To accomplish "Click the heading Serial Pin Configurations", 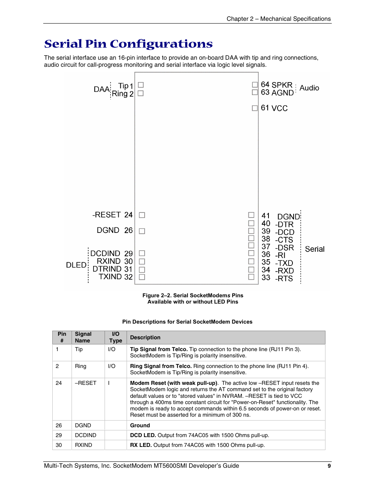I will coord(128,44).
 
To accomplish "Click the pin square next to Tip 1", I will coord(141,85).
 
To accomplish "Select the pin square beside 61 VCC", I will coord(255,108).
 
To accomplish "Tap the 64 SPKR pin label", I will coord(276,85).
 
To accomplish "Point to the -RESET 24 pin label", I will coord(112,215).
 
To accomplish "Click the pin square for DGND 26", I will coord(142,231).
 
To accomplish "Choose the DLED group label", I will coord(76,265).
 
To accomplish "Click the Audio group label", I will coord(309,88).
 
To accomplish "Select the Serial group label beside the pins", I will coord(314,249).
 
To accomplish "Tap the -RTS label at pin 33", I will coord(284,278).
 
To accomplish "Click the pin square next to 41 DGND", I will coord(251,215).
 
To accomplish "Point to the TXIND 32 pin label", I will coord(116,276).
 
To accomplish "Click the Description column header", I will coord(145,337).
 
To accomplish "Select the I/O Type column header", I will coord(116,337).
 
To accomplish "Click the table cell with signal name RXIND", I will coord(83,445).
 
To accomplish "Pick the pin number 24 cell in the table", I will coord(59,383).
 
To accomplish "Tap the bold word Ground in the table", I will coord(140,425).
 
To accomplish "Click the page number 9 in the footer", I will coord(329,466).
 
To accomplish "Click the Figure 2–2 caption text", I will coord(193,298).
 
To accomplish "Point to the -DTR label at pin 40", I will coord(284,224).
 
